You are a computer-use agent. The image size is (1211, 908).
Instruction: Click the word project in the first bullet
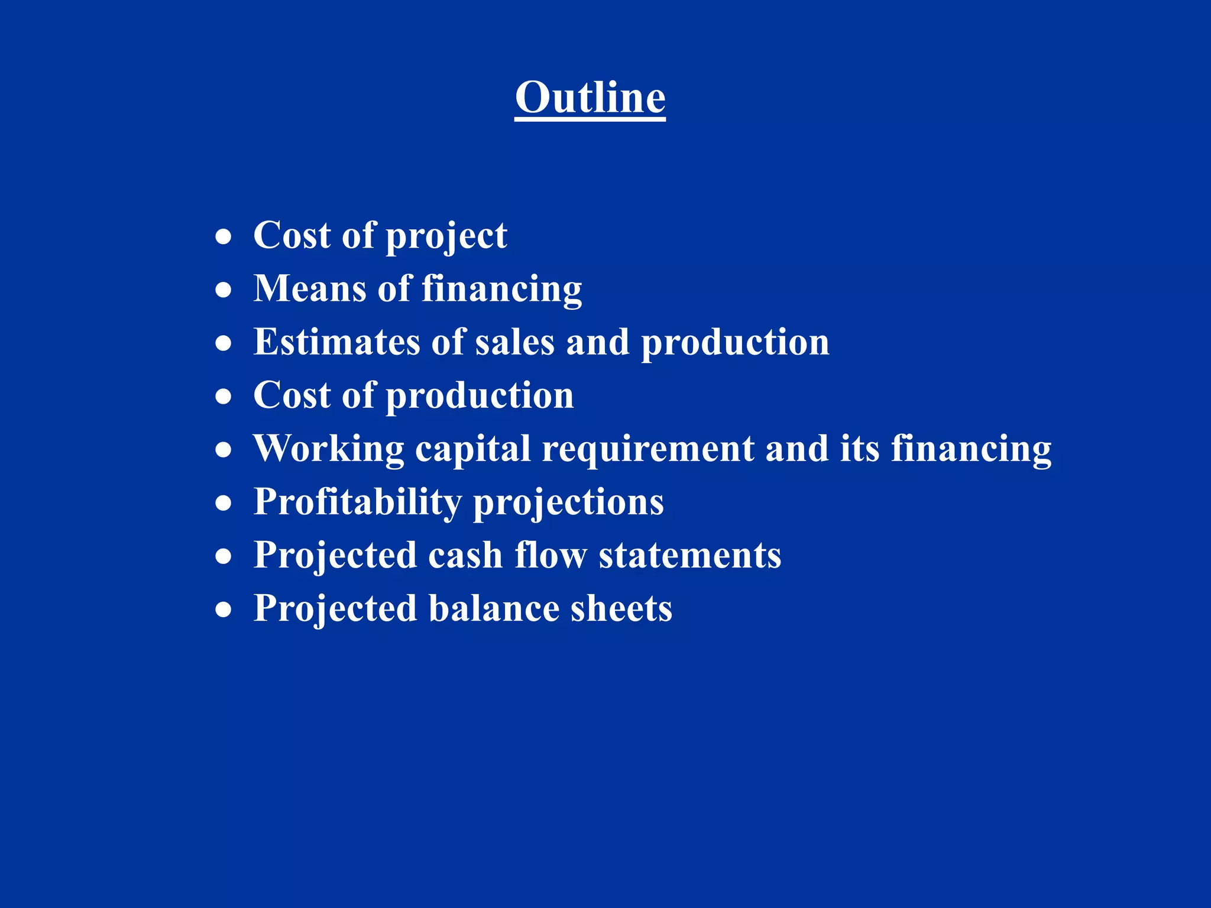[x=446, y=236]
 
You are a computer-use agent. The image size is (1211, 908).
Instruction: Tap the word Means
[x=309, y=289]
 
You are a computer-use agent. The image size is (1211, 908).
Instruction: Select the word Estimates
[x=336, y=342]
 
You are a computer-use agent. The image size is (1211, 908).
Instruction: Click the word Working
[x=328, y=449]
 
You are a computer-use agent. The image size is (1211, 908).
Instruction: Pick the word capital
[x=472, y=449]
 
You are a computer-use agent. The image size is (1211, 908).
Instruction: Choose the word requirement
[x=648, y=449]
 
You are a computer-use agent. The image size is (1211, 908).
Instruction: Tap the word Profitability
[x=357, y=502]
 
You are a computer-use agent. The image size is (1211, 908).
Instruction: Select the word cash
[x=465, y=556]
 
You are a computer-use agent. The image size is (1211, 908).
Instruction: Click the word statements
[x=689, y=556]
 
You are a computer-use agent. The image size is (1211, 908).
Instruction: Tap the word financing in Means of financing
[x=501, y=290]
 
